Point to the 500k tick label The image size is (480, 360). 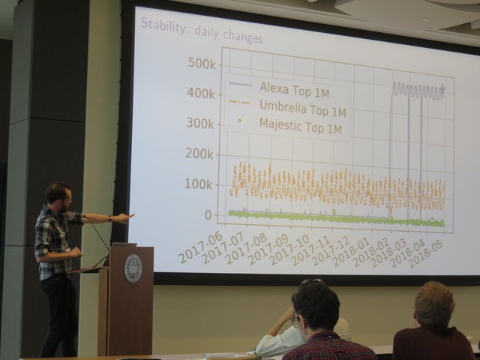point(202,63)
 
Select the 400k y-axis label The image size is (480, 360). point(201,93)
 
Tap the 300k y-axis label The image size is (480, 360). point(200,123)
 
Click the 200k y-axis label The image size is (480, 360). point(199,154)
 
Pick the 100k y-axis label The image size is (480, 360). point(199,184)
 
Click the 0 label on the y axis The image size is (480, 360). point(208,215)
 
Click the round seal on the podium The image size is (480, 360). point(133,268)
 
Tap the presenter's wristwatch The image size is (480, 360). point(110,218)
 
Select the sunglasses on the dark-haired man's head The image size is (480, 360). point(312,281)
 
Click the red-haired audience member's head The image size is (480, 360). point(434,304)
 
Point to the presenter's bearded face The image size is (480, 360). point(65,202)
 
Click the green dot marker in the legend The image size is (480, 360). point(240,121)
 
